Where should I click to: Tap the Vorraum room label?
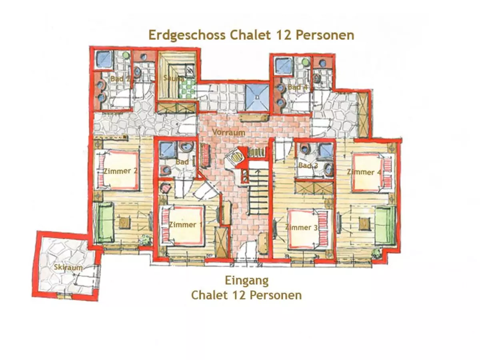point(229,132)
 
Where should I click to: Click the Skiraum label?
point(68,268)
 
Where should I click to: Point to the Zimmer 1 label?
point(185,224)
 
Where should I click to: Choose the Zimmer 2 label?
point(120,171)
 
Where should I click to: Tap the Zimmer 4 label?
point(364,172)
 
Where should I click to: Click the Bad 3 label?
point(308,165)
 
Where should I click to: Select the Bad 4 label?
point(297,87)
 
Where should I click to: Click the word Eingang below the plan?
point(246,280)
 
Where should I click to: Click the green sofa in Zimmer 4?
point(384,225)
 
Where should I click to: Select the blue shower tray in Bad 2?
point(105,60)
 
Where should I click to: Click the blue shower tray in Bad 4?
point(284,65)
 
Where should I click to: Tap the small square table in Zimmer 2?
point(124,222)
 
